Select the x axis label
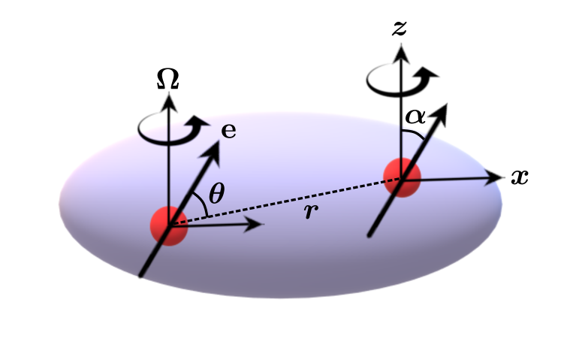click(519, 177)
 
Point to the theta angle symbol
click(216, 195)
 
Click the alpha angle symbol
click(416, 117)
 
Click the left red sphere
click(168, 224)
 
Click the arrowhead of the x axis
click(496, 177)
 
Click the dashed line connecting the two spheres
click(285, 201)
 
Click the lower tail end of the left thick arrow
click(140, 276)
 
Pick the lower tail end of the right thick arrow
click(369, 236)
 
